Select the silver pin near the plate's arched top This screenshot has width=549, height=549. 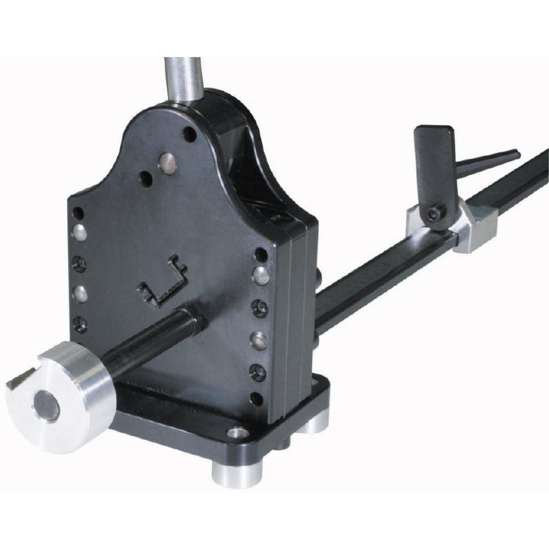167,162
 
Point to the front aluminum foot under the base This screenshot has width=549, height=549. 235,473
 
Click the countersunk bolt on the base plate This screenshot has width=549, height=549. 237,433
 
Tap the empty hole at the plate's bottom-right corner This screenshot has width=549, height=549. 257,398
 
